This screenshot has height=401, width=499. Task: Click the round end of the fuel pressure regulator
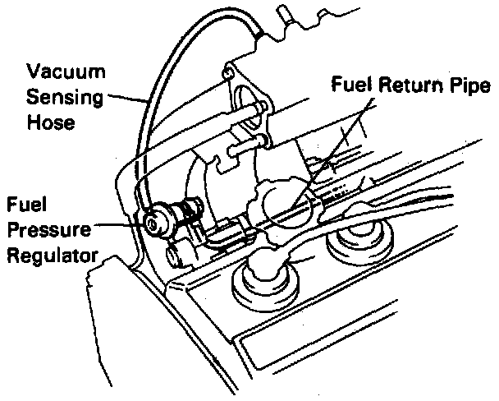click(x=153, y=220)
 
